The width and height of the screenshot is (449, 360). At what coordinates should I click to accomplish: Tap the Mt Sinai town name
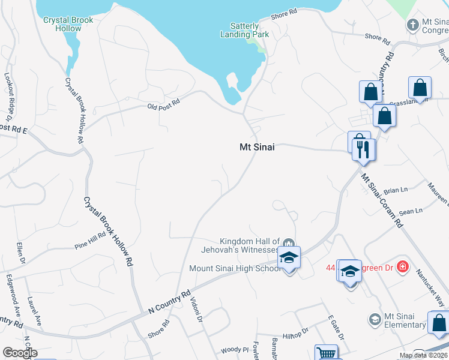point(257,146)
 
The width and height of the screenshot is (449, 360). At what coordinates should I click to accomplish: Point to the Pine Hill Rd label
point(89,241)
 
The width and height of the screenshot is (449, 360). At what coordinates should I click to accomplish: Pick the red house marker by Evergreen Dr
point(403,266)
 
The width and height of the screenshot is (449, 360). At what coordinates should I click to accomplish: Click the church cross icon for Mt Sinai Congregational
point(412,25)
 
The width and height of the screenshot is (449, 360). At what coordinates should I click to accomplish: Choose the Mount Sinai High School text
point(235,268)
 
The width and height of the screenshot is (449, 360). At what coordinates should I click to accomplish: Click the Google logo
point(20,353)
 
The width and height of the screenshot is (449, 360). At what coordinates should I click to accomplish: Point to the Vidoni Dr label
point(196,309)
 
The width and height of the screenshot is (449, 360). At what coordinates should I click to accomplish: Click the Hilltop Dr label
point(295,331)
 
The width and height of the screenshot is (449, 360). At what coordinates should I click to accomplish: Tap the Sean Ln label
point(411,211)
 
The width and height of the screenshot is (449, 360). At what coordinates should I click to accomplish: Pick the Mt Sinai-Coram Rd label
point(382,201)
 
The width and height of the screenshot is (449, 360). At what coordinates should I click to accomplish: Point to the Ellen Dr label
point(21,253)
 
